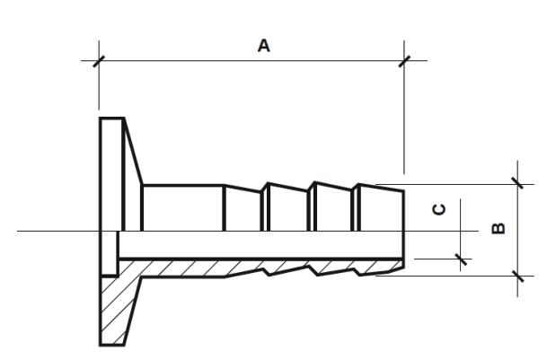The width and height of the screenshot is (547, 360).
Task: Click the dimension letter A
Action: [x=264, y=46]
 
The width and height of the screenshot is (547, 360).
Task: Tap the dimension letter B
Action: [x=498, y=228]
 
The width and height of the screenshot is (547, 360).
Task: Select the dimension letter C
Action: [x=439, y=209]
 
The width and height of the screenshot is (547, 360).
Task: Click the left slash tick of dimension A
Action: [x=99, y=61]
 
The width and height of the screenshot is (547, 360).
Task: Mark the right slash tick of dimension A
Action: [x=404, y=61]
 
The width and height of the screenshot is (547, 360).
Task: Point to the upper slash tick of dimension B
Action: [x=517, y=183]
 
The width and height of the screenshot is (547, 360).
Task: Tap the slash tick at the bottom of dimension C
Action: [x=461, y=259]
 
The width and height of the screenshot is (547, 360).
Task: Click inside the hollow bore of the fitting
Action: [x=261, y=244]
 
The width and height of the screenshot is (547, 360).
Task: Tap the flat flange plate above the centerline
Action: [x=112, y=174]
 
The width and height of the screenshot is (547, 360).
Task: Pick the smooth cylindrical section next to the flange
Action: [x=183, y=208]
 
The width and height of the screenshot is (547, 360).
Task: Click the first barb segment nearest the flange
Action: [x=243, y=209]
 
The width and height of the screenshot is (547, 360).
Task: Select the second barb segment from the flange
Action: [x=288, y=207]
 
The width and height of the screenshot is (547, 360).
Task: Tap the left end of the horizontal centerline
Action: [x=17, y=231]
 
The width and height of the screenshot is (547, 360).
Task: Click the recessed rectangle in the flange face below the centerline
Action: [x=110, y=253]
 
